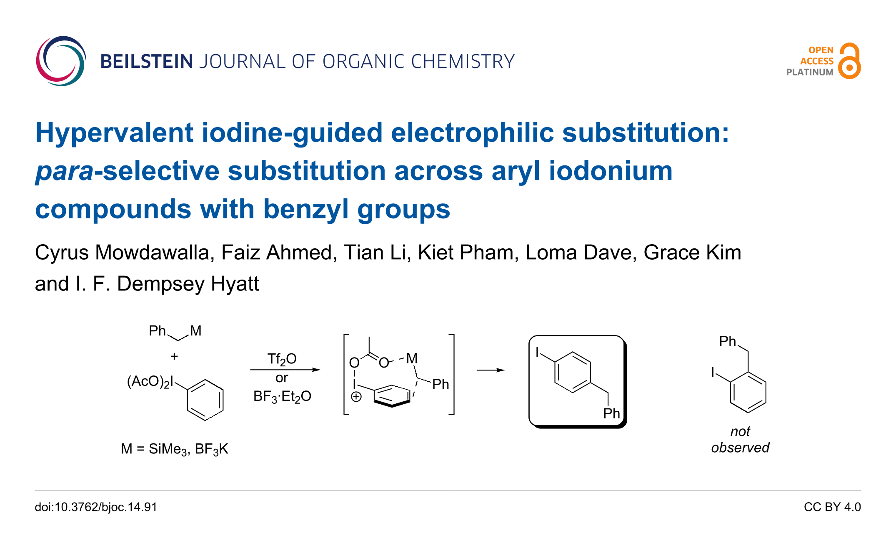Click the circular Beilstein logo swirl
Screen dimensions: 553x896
tap(61, 61)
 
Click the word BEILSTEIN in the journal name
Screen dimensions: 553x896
tap(146, 62)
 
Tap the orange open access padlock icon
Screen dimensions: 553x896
tap(849, 61)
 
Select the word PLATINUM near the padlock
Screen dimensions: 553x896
tap(809, 72)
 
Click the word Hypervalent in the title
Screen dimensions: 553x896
tap(115, 133)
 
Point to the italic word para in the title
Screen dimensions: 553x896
tap(64, 171)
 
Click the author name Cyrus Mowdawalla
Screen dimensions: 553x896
tap(124, 253)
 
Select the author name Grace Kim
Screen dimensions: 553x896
tap(692, 253)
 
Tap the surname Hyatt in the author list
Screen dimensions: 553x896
tap(235, 284)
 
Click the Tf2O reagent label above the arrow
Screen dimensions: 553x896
tap(282, 359)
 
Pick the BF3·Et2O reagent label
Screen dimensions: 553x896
tap(282, 396)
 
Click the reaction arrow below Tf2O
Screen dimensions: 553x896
tap(285, 370)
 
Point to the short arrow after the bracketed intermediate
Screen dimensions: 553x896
tap(491, 370)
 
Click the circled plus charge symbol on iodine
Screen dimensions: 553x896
tap(356, 397)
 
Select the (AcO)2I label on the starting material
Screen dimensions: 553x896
tap(150, 382)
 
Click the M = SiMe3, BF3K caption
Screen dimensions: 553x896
tap(174, 449)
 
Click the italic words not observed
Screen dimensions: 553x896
tap(740, 439)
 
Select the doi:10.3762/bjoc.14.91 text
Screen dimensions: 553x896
tap(96, 507)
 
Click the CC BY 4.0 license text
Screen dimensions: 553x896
tap(832, 507)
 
